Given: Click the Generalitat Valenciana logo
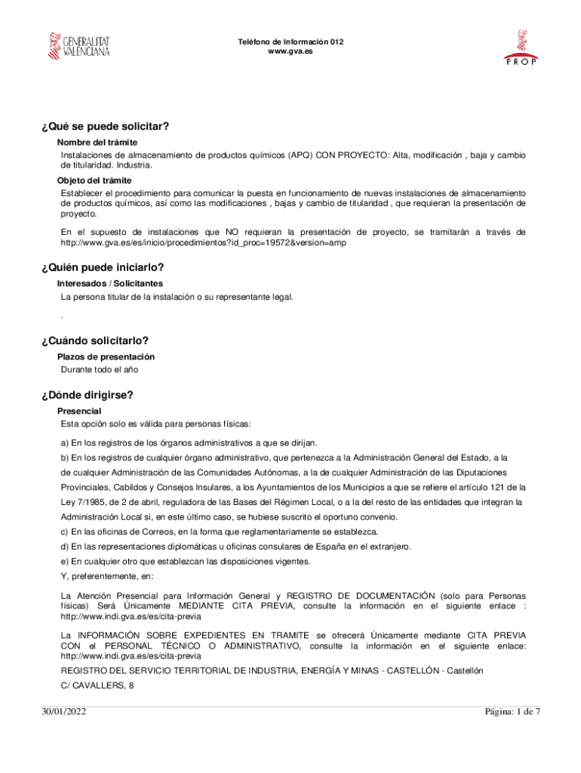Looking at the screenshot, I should (78, 46).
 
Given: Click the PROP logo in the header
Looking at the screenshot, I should (521, 48).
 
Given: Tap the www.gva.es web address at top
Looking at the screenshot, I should (290, 51).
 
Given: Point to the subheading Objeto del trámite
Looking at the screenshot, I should (94, 180).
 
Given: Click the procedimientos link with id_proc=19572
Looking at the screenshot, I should (203, 243).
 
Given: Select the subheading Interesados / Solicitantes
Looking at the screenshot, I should (110, 283).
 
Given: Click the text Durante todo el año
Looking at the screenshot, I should (100, 369).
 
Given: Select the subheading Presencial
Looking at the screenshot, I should (79, 411).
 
